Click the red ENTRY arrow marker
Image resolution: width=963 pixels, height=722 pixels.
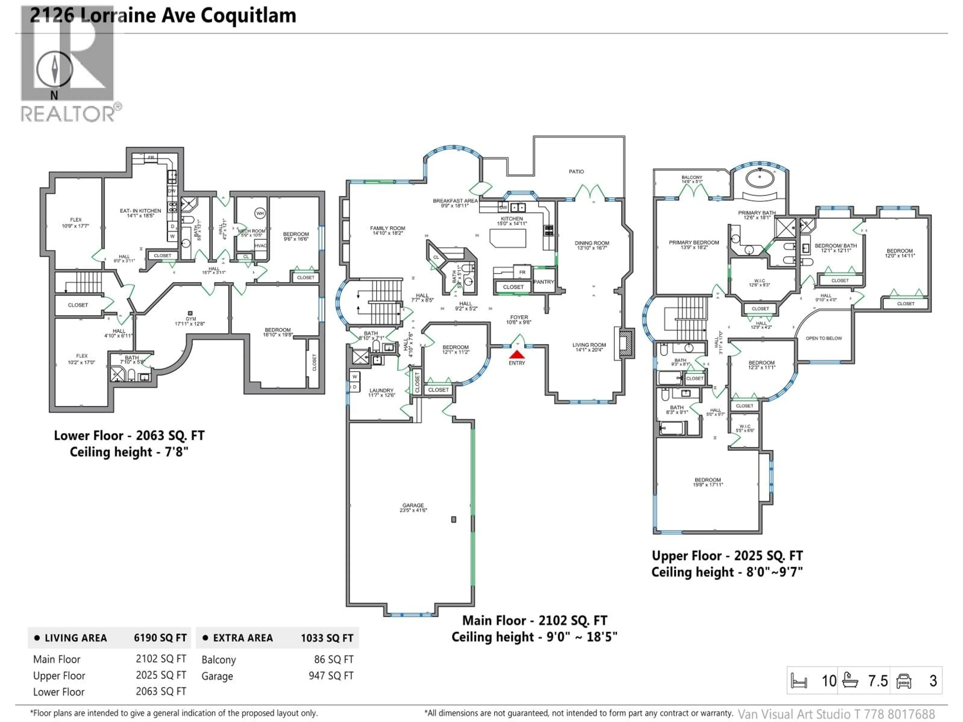517,355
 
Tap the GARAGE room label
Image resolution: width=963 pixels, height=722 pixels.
413,505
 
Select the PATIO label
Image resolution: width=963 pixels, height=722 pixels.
576,171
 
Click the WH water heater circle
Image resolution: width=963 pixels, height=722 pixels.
260,213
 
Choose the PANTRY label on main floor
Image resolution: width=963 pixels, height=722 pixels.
543,282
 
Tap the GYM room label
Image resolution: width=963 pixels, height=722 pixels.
190,319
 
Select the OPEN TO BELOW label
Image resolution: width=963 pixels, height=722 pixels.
823,338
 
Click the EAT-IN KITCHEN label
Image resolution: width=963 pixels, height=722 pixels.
140,211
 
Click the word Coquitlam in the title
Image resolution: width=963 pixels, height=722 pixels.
248,16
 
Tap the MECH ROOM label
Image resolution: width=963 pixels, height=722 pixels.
252,231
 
